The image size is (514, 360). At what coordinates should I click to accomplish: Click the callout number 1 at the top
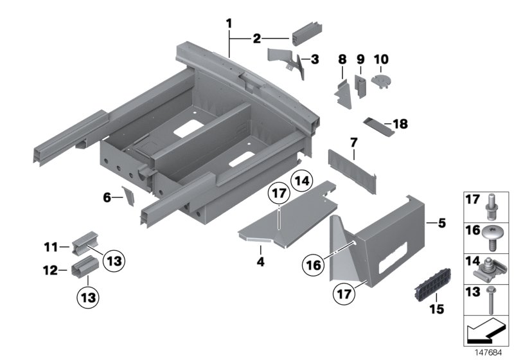pos(229,24)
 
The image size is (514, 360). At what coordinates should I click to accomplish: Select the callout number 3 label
pos(314,60)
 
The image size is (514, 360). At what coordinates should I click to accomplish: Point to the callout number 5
pos(441,224)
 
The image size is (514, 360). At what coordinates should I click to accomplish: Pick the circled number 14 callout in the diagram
pos(303,181)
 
